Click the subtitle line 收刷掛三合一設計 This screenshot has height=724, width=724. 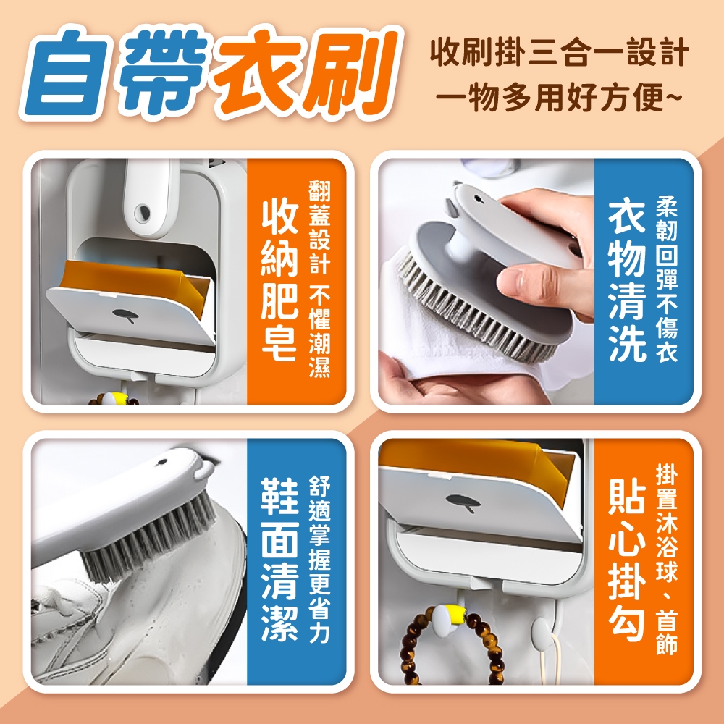pyautogui.click(x=559, y=52)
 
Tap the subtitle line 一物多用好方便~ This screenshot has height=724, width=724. pyautogui.click(x=559, y=98)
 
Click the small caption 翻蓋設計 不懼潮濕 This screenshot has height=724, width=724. pyautogui.click(x=319, y=279)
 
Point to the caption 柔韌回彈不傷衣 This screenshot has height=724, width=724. pyautogui.click(x=667, y=280)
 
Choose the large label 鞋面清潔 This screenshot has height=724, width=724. pyautogui.click(x=279, y=560)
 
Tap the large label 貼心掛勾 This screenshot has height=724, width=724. pyautogui.click(x=626, y=560)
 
